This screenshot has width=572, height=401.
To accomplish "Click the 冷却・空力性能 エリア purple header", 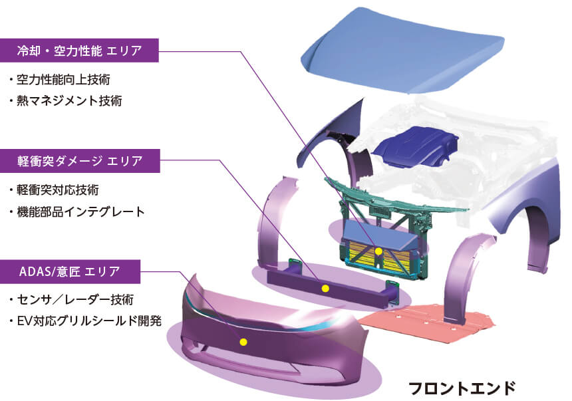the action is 79,51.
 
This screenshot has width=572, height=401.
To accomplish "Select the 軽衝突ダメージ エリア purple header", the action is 80,161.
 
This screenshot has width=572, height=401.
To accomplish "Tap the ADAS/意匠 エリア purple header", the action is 70,271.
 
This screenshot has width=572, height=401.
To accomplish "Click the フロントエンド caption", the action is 462,388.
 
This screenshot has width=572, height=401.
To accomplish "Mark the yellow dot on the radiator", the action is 378,251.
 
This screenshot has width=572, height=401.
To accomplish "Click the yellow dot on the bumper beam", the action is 325,289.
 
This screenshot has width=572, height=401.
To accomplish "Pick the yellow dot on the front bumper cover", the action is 243,342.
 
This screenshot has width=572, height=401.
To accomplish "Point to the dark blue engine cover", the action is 416,146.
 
